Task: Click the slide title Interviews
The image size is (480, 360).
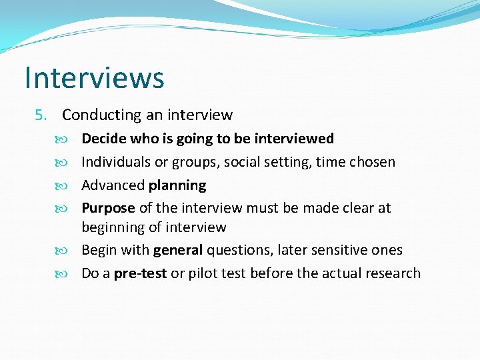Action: (x=94, y=77)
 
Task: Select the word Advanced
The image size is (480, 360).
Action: (x=113, y=185)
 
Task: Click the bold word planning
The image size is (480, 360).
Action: (x=177, y=185)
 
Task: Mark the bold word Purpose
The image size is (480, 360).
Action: (x=108, y=208)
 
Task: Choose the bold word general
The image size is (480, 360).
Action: (x=178, y=251)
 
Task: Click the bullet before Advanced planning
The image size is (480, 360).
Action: (x=71, y=185)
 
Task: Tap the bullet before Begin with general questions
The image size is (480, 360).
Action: (x=71, y=251)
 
